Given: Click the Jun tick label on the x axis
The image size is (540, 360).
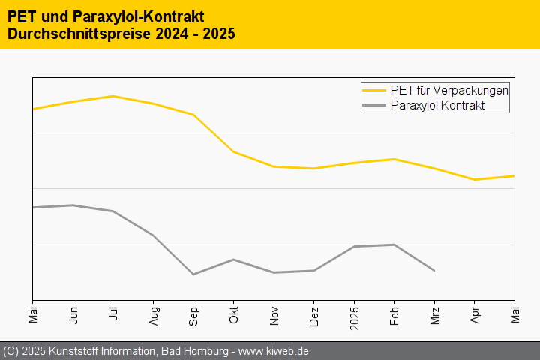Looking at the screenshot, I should (x=73, y=313).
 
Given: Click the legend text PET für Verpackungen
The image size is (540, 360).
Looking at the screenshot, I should (x=450, y=90).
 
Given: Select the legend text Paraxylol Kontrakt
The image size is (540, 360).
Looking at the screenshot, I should (x=438, y=106).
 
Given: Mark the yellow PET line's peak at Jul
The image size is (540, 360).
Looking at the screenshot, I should (x=113, y=96).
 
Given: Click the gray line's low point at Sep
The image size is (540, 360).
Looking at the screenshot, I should (x=193, y=274).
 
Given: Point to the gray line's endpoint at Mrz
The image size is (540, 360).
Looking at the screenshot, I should (x=434, y=270).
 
